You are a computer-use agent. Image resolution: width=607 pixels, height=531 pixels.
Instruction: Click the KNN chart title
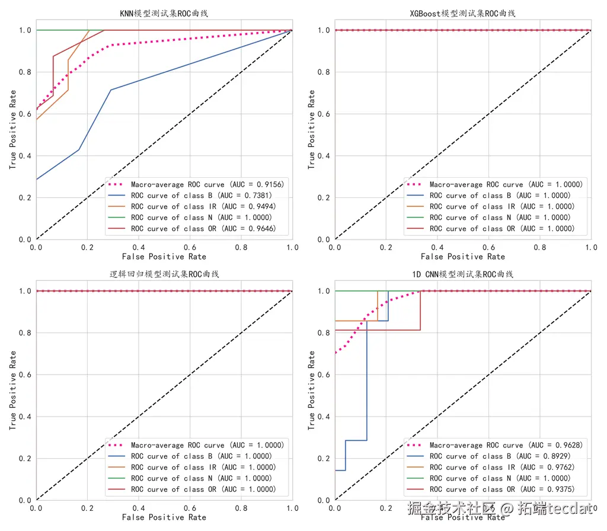(x=164, y=14)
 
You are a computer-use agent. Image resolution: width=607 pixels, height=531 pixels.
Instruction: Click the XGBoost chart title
(x=463, y=14)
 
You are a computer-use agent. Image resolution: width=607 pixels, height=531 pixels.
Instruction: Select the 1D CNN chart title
(x=463, y=274)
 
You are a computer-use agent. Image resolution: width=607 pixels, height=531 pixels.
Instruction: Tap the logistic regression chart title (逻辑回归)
(x=164, y=274)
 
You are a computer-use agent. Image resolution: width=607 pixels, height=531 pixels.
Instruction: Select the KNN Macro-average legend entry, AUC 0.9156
(x=207, y=184)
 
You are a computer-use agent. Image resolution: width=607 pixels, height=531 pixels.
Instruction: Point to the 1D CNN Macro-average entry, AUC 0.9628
(x=506, y=445)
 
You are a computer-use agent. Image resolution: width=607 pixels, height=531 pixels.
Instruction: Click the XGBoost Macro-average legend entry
(x=506, y=184)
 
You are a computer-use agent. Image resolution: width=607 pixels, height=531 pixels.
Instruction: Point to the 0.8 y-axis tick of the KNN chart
(x=25, y=72)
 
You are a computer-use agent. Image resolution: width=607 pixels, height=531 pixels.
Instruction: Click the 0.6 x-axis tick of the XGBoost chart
(x=488, y=247)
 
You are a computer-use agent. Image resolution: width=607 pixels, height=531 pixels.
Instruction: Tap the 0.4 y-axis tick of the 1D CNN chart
(x=324, y=417)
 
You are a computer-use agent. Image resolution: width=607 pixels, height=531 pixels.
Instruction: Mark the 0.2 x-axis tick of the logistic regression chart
(x=88, y=508)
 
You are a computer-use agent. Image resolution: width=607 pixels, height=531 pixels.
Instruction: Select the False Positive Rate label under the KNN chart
(x=164, y=257)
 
